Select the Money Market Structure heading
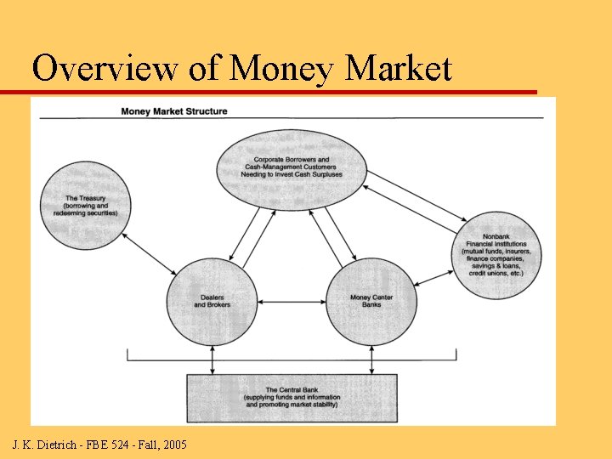174,111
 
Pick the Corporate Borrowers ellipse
292,168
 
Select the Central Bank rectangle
292,398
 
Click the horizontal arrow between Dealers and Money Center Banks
292,302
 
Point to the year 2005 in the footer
175,445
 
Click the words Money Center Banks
371,301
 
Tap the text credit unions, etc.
496,274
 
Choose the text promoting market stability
292,405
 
